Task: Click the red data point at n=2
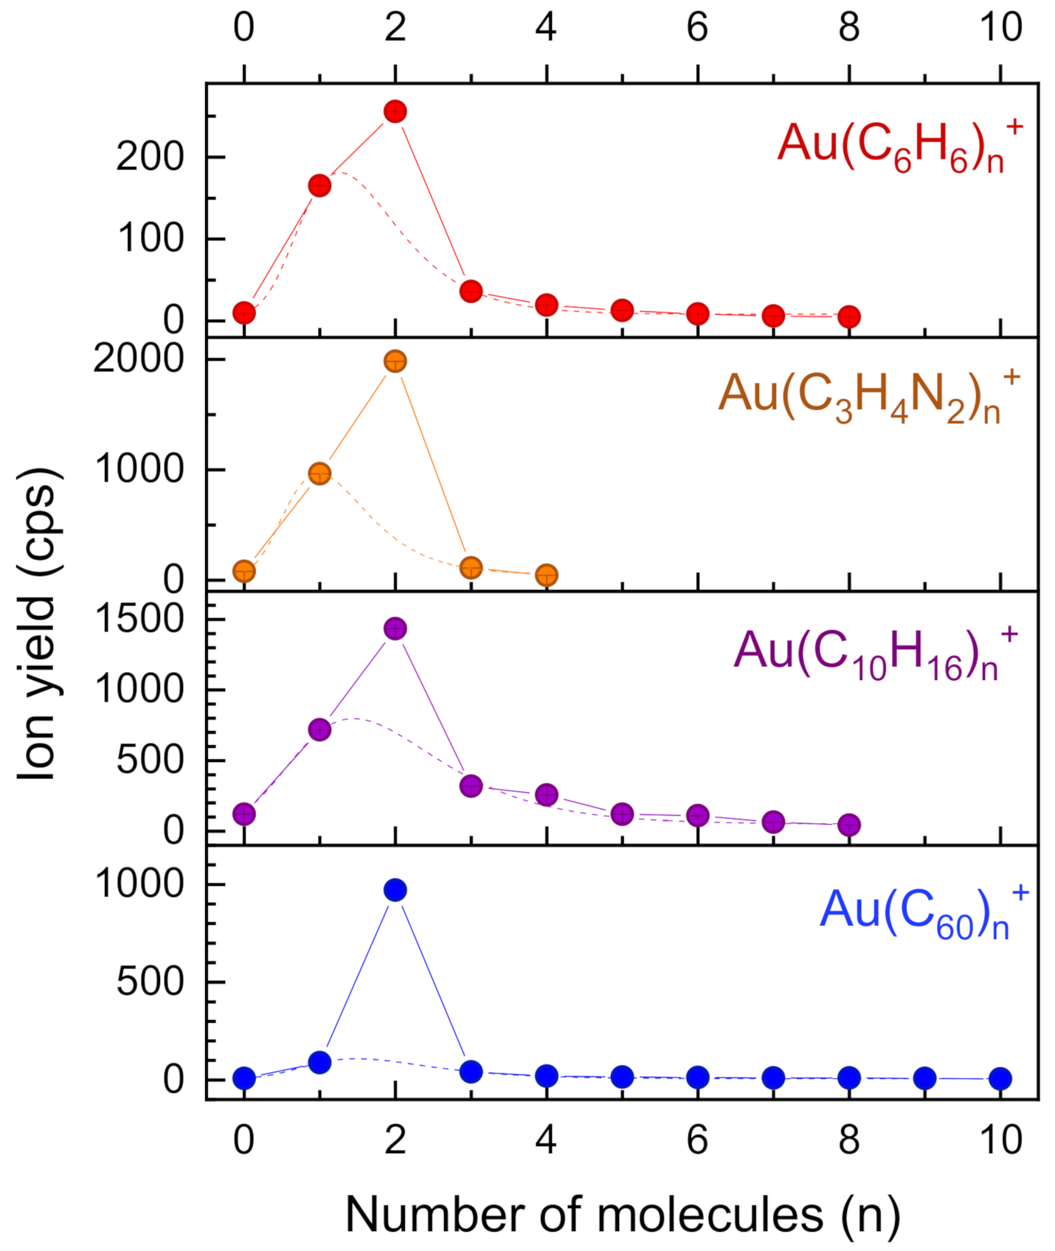pyautogui.click(x=395, y=112)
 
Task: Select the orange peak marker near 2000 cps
pyautogui.click(x=395, y=361)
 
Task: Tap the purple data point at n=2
pyautogui.click(x=395, y=628)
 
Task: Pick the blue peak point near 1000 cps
pyautogui.click(x=395, y=890)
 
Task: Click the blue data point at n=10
pyautogui.click(x=1000, y=1078)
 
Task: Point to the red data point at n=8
pyautogui.click(x=849, y=316)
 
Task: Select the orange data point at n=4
pyautogui.click(x=547, y=575)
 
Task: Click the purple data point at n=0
pyautogui.click(x=244, y=814)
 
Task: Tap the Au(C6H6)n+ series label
pyautogui.click(x=900, y=145)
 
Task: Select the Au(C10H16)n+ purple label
pyautogui.click(x=875, y=654)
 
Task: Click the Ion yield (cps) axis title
pyautogui.click(x=38, y=623)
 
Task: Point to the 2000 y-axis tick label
pyautogui.click(x=139, y=359)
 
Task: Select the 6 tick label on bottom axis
pyautogui.click(x=697, y=1140)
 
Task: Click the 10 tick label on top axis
pyautogui.click(x=1000, y=27)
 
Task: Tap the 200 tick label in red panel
pyautogui.click(x=150, y=157)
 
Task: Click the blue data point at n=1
pyautogui.click(x=319, y=1062)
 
